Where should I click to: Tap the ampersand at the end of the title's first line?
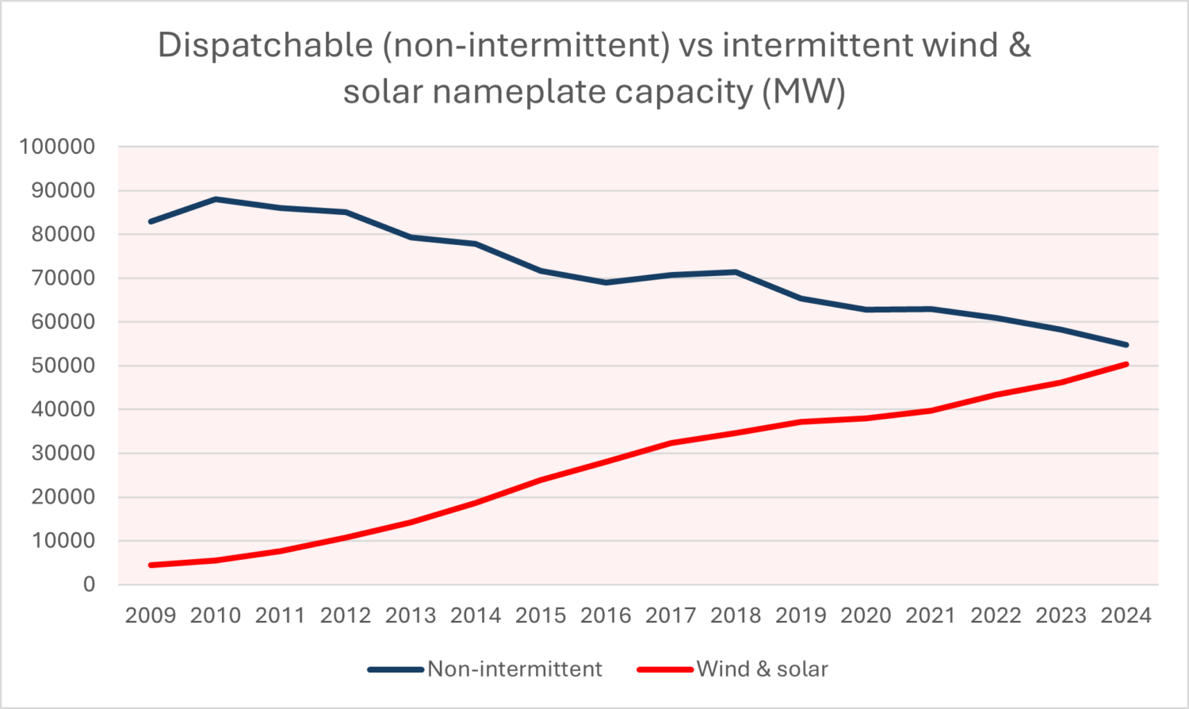1020,44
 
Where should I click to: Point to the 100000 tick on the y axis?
57,147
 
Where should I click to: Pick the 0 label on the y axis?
89,584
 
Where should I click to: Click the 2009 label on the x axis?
151,615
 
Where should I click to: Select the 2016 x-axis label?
606,615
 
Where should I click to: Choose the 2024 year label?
1126,615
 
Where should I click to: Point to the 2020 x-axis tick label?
866,615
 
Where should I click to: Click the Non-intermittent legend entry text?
514,669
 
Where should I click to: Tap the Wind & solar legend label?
762,669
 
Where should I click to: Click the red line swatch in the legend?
664,669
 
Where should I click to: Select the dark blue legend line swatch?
395,669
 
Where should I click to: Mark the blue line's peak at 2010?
216,199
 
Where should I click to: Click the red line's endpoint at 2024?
1126,364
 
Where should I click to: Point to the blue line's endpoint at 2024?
1126,345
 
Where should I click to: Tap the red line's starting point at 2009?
151,565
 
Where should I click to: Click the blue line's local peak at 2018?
736,272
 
